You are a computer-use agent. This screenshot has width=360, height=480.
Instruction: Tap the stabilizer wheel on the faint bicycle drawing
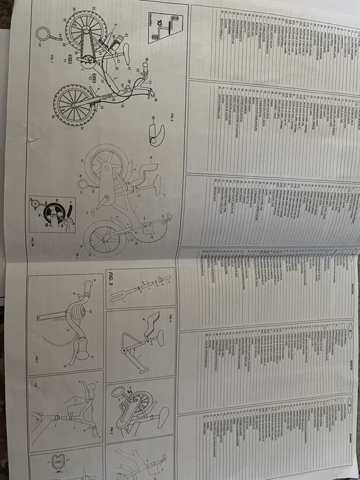coord(84,184)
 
